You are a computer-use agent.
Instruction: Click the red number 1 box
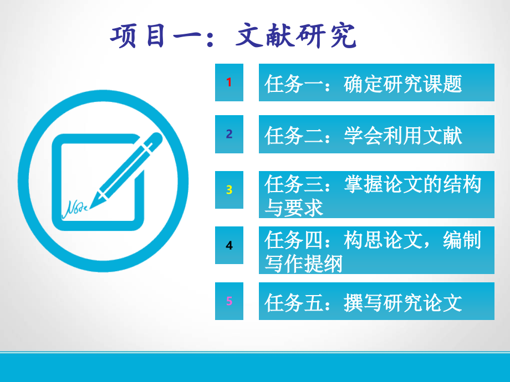click(x=229, y=82)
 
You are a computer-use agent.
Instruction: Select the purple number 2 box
click(x=229, y=134)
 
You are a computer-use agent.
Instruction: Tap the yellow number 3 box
click(x=229, y=190)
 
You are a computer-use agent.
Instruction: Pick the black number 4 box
click(x=229, y=245)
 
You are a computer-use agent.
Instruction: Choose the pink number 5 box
click(x=229, y=301)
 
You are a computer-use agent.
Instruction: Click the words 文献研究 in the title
click(x=296, y=36)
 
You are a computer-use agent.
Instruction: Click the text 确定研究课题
click(x=402, y=84)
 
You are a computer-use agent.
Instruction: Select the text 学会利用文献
click(x=402, y=136)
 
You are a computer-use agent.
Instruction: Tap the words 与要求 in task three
click(x=294, y=208)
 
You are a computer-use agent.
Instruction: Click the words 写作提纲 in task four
click(x=303, y=263)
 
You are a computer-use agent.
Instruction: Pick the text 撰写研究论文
click(x=402, y=303)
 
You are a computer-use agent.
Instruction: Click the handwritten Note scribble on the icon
click(x=75, y=209)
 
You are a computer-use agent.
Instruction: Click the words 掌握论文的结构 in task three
click(x=412, y=184)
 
